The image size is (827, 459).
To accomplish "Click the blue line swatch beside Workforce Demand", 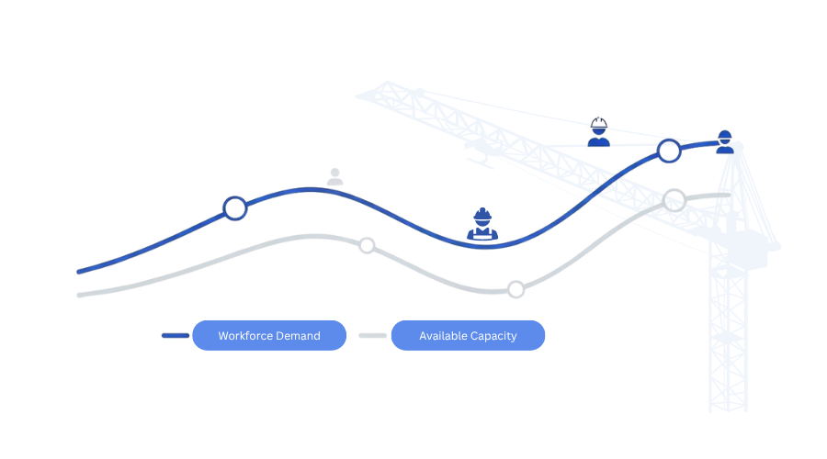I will coord(175,336).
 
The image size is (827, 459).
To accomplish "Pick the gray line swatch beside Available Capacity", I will coord(372,336).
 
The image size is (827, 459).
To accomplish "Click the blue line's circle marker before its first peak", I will coord(236,208).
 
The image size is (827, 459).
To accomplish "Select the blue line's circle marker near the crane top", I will coord(669,151).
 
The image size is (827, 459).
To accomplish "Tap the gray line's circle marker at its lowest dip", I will coord(515,290).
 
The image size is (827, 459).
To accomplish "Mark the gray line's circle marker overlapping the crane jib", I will coord(676,196).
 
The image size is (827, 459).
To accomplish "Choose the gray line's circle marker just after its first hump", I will coord(367,245).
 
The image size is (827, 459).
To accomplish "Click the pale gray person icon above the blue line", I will coord(334,176).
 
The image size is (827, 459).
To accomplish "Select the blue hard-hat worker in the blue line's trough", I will coord(482,225).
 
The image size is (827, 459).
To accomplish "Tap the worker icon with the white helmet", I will coord(598,132).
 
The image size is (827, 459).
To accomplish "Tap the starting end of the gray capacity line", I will coord(80,294).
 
